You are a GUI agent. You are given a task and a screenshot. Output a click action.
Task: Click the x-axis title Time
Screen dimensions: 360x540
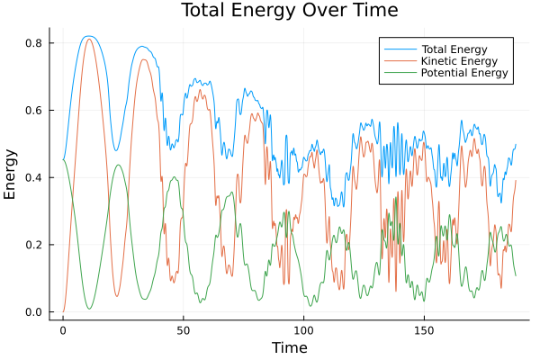(x=290, y=347)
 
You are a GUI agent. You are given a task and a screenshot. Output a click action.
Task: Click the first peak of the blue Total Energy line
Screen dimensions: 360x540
(x=87, y=36)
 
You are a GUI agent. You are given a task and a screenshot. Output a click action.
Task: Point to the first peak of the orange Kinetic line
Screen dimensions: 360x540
(x=88, y=39)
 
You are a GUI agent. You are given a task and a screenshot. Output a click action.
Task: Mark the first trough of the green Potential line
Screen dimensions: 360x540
(x=89, y=309)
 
